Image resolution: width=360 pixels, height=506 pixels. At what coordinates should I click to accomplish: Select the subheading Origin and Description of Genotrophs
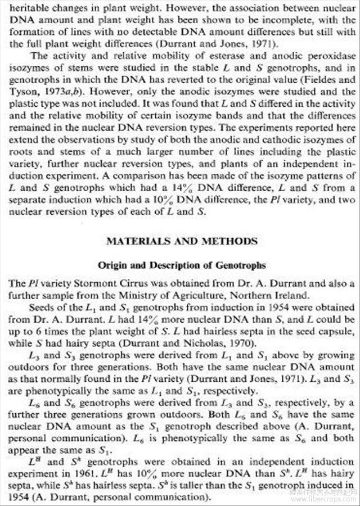click(x=182, y=265)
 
